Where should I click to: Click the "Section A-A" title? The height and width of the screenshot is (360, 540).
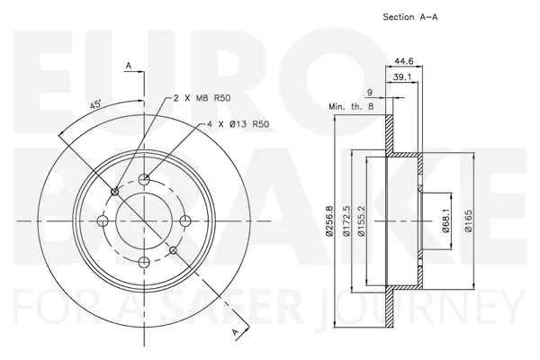(410, 17)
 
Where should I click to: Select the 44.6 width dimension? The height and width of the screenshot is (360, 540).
(403, 61)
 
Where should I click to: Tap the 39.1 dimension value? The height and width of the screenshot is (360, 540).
(402, 77)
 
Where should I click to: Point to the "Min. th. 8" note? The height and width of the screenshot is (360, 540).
(351, 106)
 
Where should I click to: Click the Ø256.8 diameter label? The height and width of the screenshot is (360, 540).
(330, 220)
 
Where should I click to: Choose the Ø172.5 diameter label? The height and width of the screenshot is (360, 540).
(346, 220)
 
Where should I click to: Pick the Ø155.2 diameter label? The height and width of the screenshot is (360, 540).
(361, 220)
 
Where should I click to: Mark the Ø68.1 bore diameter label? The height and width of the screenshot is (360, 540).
(446, 221)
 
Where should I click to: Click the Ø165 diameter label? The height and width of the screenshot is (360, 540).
(468, 221)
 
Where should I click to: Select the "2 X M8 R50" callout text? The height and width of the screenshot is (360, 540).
(202, 98)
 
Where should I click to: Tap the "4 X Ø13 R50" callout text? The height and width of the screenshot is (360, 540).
(238, 124)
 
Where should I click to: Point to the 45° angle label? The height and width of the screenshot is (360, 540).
(95, 104)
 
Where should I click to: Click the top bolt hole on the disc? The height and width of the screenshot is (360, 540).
(144, 179)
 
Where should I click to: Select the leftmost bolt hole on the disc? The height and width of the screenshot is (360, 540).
(103, 220)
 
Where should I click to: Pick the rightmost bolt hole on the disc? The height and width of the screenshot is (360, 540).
(185, 220)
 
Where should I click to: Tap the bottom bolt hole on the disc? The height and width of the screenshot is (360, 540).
(144, 262)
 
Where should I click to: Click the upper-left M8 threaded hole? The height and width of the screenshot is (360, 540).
(115, 192)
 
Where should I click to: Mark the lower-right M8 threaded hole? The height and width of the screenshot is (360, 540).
(174, 250)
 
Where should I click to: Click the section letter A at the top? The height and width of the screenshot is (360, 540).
(129, 65)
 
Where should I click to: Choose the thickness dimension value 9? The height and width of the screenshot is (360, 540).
(370, 93)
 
